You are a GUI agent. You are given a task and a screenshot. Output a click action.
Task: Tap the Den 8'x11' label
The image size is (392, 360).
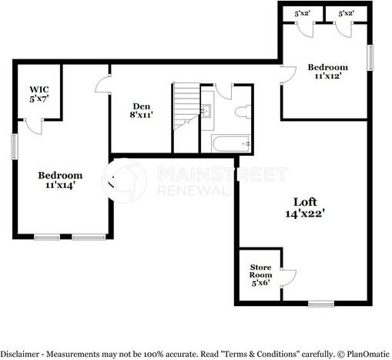click(x=140, y=110)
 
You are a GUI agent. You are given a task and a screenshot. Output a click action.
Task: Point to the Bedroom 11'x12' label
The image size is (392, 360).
click(x=327, y=71)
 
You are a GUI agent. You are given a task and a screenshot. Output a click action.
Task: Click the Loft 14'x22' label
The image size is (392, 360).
click(x=302, y=207)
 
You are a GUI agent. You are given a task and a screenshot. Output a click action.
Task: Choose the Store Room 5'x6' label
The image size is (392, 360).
click(x=260, y=274)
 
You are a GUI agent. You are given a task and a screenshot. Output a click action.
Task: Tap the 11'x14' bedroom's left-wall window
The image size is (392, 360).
click(x=13, y=146)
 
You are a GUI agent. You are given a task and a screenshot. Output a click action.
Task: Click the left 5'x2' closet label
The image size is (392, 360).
click(x=303, y=13)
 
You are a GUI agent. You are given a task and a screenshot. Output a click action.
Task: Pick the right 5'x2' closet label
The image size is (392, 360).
click(x=347, y=13)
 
